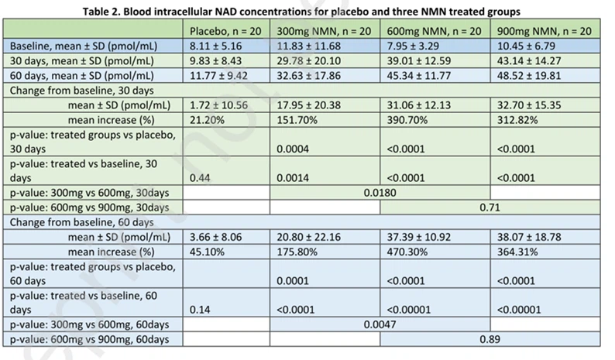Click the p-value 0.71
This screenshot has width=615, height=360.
[488, 207]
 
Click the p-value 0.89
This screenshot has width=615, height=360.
[488, 338]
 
